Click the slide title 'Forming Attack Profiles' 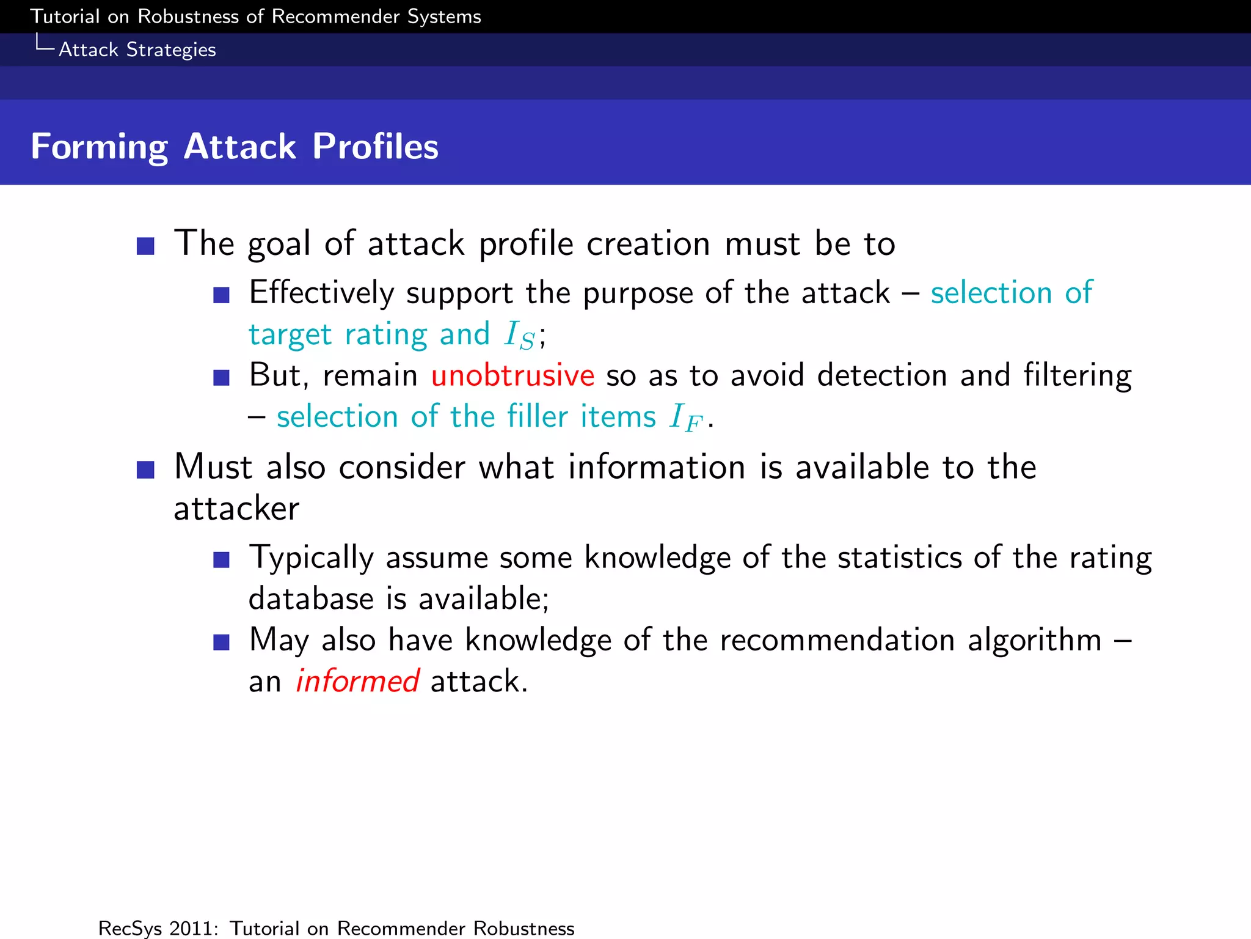pyautogui.click(x=235, y=147)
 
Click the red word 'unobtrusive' pyautogui.click(x=512, y=375)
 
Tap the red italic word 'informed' pyautogui.click(x=357, y=681)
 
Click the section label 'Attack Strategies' pyautogui.click(x=137, y=50)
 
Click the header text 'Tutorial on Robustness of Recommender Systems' pyautogui.click(x=255, y=17)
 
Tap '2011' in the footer pyautogui.click(x=194, y=928)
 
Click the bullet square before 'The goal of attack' pyautogui.click(x=145, y=246)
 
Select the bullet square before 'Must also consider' pyautogui.click(x=145, y=469)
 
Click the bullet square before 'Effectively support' pyautogui.click(x=221, y=295)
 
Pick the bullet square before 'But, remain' pyautogui.click(x=221, y=377)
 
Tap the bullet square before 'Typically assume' pyautogui.click(x=221, y=559)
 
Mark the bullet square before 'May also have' pyautogui.click(x=221, y=642)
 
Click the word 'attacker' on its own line pyautogui.click(x=236, y=509)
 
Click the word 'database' pyautogui.click(x=310, y=598)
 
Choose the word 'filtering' pyautogui.click(x=1077, y=375)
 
